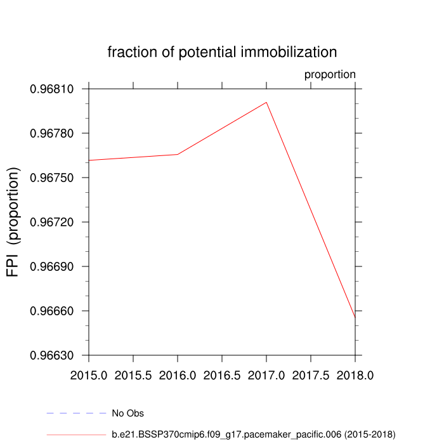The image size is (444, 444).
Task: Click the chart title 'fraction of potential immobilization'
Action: click(x=222, y=51)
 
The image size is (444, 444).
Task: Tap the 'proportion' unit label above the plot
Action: click(x=330, y=74)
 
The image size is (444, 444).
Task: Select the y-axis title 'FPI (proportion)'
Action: click(x=14, y=222)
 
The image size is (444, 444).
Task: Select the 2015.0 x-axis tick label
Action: click(x=89, y=375)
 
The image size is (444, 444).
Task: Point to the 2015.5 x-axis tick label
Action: click(x=133, y=375)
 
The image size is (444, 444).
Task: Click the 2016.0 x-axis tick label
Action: click(x=178, y=375)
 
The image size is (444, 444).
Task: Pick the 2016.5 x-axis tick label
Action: click(x=222, y=375)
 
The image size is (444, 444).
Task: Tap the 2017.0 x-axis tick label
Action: click(x=266, y=375)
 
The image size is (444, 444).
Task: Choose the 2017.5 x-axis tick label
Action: click(x=311, y=375)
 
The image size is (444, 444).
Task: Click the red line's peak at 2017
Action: click(x=266, y=102)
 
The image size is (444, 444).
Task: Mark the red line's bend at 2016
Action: click(x=178, y=154)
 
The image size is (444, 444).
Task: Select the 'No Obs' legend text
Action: click(x=127, y=414)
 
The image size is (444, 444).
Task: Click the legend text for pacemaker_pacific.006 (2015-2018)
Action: click(x=253, y=434)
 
